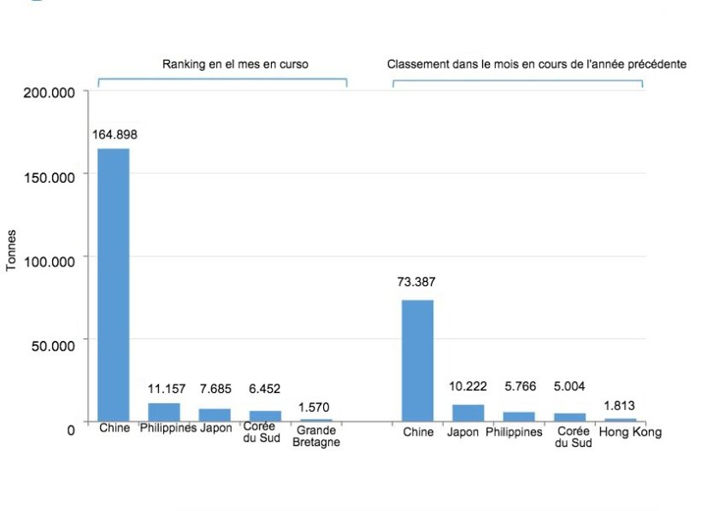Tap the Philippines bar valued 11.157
tap(163, 412)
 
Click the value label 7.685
tap(215, 389)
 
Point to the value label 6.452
tap(265, 389)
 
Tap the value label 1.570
tap(315, 407)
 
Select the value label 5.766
tap(518, 387)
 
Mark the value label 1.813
tap(619, 406)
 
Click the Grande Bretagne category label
tap(317, 437)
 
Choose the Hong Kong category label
tap(630, 432)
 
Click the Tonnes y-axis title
tap(12, 251)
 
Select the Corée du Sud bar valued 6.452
tap(265, 416)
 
